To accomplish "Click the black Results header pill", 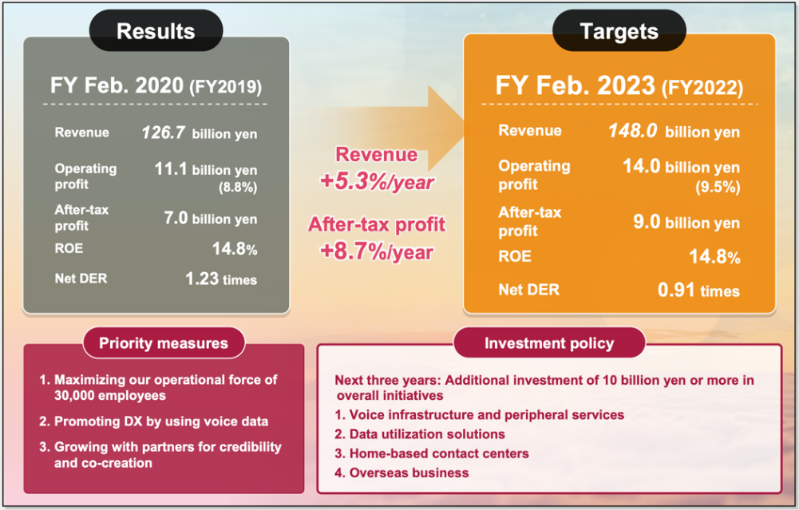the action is coord(156,30).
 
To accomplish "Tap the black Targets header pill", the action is coord(619,30).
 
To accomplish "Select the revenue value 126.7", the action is coord(163,133).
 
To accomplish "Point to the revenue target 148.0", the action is coord(633,131).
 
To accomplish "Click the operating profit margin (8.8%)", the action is coord(238,188).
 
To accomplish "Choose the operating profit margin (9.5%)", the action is coord(718,187).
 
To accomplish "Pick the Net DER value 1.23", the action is coord(202,279).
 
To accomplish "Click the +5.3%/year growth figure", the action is coord(377,182).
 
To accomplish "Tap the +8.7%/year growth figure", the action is coord(377,251).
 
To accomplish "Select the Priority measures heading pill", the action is coord(164,343).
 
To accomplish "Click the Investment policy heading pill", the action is coord(549,343).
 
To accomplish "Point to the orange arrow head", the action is coord(446,128).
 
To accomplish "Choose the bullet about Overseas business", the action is coord(401,472).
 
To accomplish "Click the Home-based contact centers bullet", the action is coord(432,453).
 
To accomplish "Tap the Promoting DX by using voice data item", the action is coord(154,421).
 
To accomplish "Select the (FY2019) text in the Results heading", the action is coord(226,87).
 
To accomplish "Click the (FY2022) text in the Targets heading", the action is coord(702,88).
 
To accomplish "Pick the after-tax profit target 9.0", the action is coord(647,222).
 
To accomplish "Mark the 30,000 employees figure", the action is coord(110,396).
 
